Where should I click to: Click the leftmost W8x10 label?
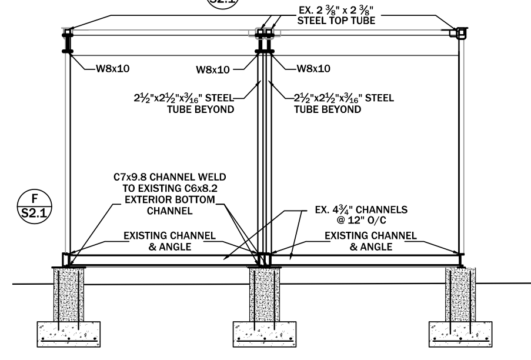tap(112, 68)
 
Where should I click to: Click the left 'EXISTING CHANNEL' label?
tap(169, 236)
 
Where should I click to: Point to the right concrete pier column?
tap(460, 294)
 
